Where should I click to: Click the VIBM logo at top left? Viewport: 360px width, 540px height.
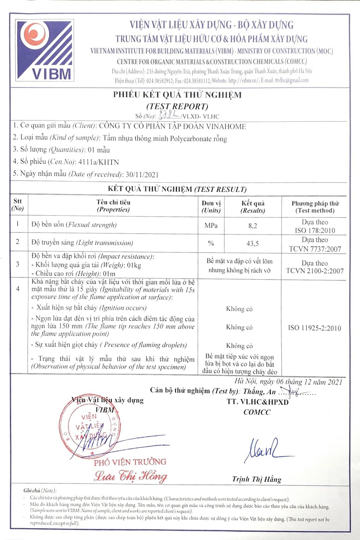click(x=45, y=50)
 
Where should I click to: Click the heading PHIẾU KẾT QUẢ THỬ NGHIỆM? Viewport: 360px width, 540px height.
click(x=177, y=95)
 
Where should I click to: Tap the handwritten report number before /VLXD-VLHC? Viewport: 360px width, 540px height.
click(x=169, y=116)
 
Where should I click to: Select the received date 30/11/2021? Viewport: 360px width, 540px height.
click(x=142, y=175)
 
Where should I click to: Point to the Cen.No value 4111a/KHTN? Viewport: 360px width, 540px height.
click(x=99, y=162)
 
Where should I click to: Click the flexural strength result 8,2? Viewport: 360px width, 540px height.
click(x=253, y=226)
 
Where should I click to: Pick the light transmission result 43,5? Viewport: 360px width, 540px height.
click(x=253, y=243)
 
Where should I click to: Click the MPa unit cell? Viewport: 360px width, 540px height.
click(x=211, y=226)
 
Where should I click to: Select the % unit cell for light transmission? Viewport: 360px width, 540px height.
click(x=211, y=243)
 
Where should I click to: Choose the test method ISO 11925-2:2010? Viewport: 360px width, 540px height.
click(x=314, y=328)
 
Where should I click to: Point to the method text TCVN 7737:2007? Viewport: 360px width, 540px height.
click(x=315, y=249)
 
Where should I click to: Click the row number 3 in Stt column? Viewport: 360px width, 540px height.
click(x=18, y=264)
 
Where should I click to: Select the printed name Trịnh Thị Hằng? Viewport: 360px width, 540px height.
click(x=256, y=479)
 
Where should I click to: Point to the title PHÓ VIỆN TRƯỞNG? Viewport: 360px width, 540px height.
click(x=130, y=462)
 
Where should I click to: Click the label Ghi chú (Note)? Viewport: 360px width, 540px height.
click(x=40, y=490)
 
